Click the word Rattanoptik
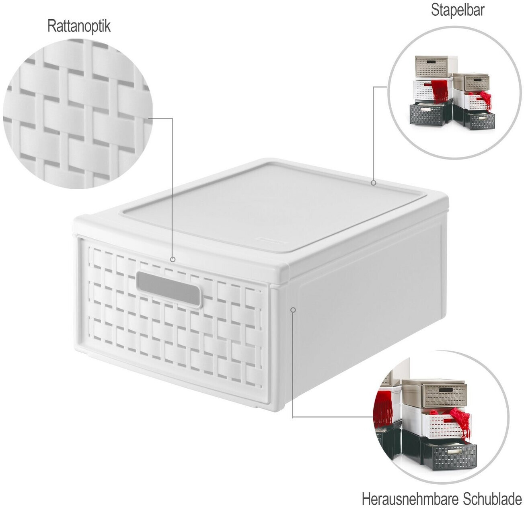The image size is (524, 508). [79, 27]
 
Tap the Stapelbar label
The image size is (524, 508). [457, 10]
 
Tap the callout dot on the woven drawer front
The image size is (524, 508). [173, 259]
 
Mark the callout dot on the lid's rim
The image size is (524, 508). [373, 183]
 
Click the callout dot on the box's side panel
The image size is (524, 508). [293, 309]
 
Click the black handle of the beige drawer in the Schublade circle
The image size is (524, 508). [445, 390]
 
